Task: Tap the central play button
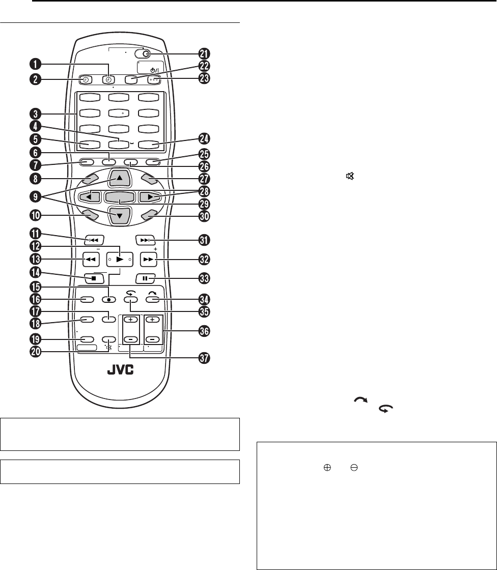(x=119, y=259)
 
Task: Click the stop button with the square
(x=94, y=278)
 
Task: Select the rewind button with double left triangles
(x=94, y=259)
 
